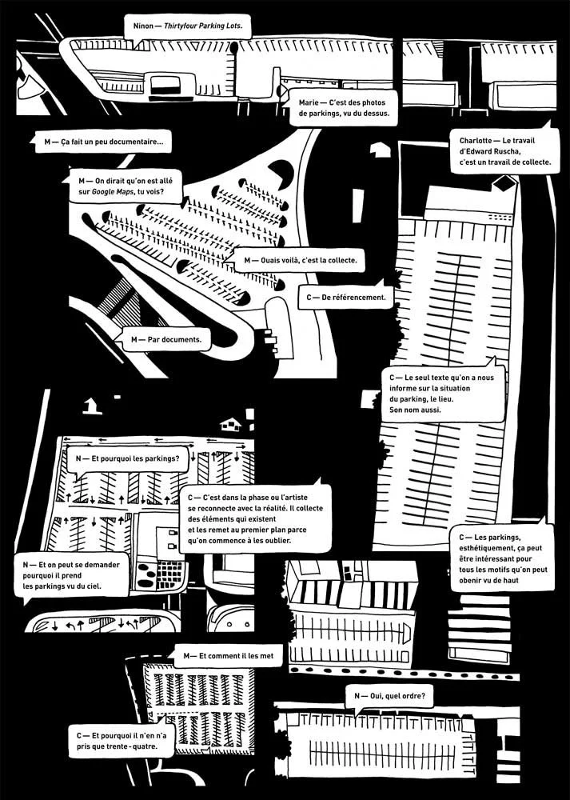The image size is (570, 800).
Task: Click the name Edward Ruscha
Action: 488,151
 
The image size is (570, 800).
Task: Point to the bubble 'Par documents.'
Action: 165,340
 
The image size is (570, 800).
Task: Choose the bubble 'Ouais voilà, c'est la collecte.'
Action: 299,260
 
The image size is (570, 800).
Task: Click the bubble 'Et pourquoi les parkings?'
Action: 128,460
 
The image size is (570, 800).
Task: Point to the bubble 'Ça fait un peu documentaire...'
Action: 105,144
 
